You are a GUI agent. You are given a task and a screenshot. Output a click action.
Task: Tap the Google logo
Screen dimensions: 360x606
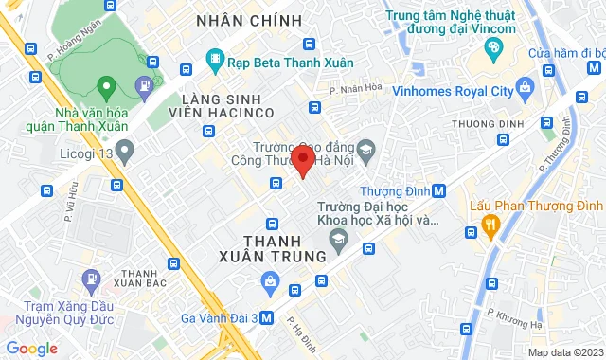pos(30,349)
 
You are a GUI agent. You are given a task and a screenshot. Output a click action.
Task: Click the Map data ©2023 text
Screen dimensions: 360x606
pos(564,352)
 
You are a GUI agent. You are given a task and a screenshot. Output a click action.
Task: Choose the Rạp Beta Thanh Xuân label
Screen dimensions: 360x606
pos(280,63)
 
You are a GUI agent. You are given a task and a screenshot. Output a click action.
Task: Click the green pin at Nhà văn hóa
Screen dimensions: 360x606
pos(107,89)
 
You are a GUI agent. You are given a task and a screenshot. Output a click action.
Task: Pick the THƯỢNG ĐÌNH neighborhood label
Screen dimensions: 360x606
pos(483,124)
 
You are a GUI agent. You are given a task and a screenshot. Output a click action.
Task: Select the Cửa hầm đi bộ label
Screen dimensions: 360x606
pos(566,52)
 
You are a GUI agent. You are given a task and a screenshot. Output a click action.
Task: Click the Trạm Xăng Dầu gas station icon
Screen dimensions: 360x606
pos(91,279)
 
